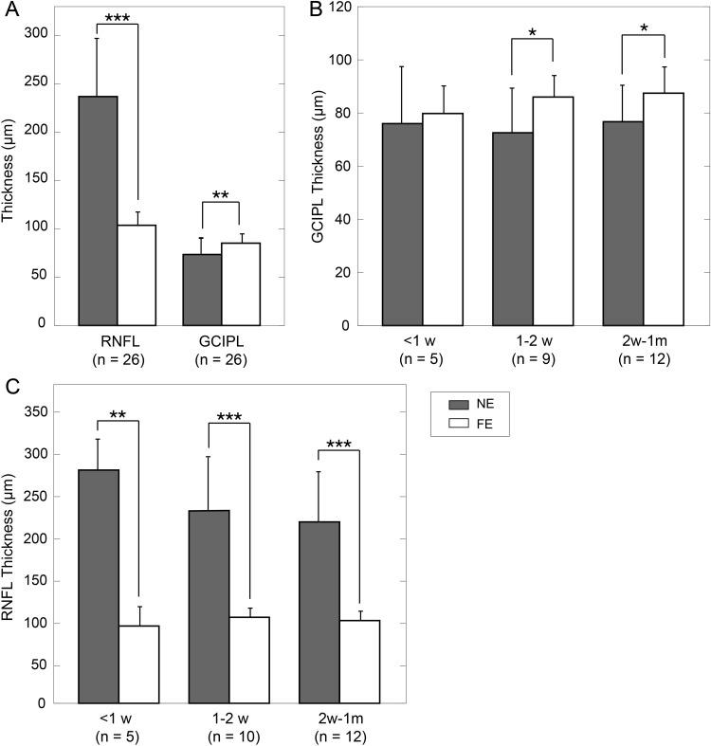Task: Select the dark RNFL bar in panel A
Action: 99,210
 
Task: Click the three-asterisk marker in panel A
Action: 117,18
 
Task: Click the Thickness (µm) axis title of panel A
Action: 10,167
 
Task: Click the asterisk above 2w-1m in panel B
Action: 644,27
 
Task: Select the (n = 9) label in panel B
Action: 532,359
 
